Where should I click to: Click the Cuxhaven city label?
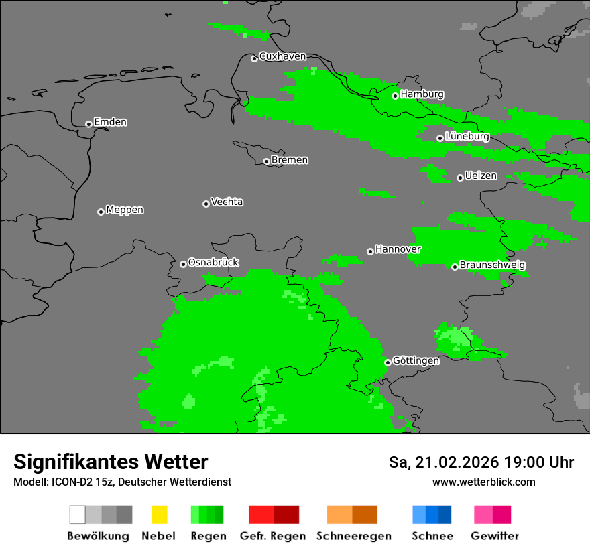(x=282, y=56)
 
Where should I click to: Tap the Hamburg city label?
(x=422, y=94)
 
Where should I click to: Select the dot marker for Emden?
(x=88, y=124)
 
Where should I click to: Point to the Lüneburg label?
(x=467, y=137)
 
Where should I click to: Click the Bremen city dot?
(x=266, y=161)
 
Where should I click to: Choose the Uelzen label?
(x=481, y=176)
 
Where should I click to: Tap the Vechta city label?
(x=227, y=202)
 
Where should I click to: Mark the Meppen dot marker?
(x=101, y=212)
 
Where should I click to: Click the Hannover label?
(x=398, y=249)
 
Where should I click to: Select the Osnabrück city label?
(x=213, y=263)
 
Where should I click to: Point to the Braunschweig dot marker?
(x=455, y=267)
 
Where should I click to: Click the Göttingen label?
(x=416, y=361)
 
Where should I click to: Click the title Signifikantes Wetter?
(x=111, y=462)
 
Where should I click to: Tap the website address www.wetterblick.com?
(x=483, y=482)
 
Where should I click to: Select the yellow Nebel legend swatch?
(x=159, y=514)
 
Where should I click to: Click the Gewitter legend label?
(x=495, y=536)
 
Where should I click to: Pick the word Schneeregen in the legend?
(x=354, y=536)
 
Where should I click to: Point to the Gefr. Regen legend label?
(x=272, y=536)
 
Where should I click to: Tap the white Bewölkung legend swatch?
(x=77, y=514)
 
